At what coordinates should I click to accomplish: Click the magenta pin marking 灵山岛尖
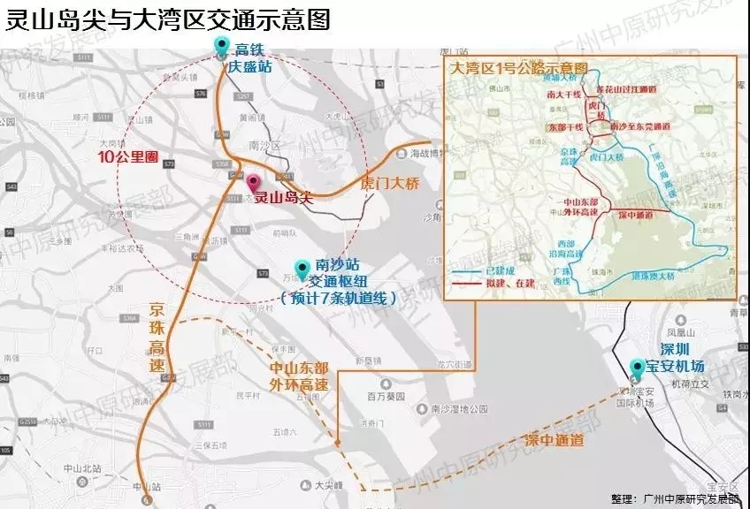pos(254,183)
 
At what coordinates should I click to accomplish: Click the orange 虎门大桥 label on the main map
pos(389,183)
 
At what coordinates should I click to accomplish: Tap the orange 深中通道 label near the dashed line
pos(554,440)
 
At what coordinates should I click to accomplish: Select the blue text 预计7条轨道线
pos(337,299)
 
